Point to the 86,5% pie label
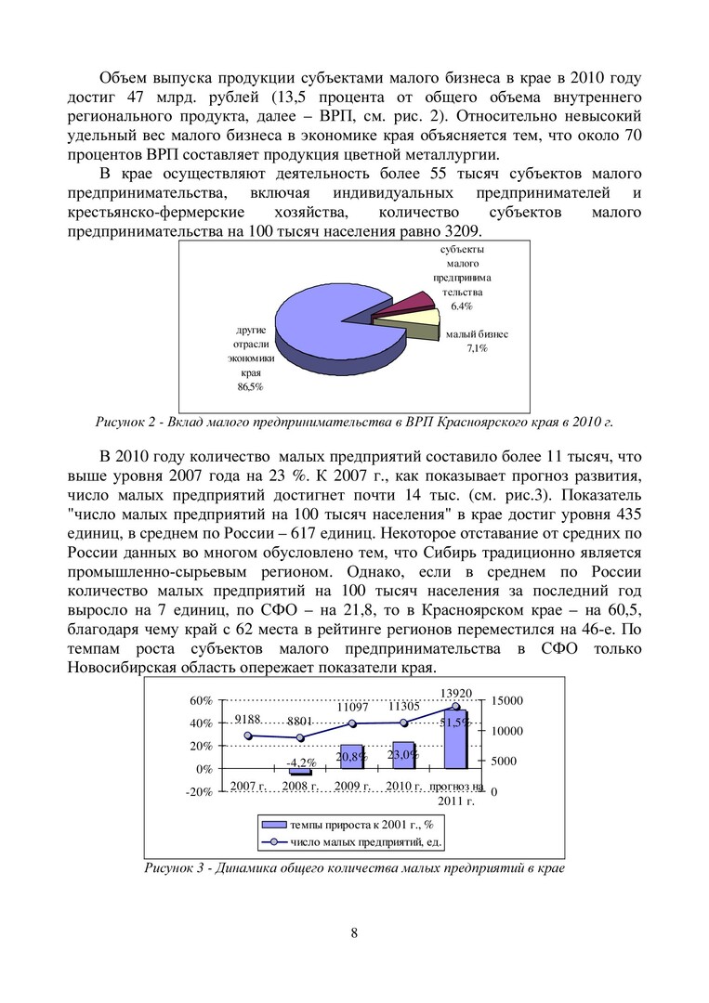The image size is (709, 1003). click(250, 386)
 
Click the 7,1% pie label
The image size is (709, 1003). click(477, 348)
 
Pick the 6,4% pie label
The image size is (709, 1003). click(462, 306)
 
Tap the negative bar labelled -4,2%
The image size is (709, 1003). click(300, 772)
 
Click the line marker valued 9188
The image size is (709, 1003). click(248, 736)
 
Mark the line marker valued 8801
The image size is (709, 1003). click(300, 738)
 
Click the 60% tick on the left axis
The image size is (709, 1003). click(202, 700)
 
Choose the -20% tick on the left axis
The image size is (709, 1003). click(200, 792)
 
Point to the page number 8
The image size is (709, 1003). click(355, 933)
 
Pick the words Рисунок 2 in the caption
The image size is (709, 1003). click(126, 423)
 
